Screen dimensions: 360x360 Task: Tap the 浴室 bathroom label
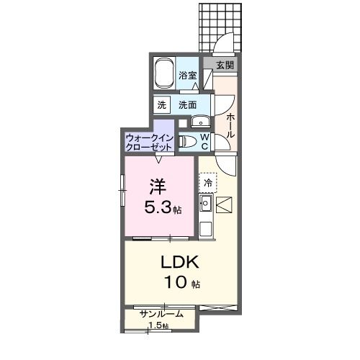pyautogui.click(x=188, y=75)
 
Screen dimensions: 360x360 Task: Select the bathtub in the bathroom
pyautogui.click(x=165, y=74)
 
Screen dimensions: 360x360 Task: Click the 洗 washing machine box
pyautogui.click(x=161, y=104)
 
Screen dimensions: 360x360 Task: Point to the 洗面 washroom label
pyautogui.click(x=188, y=104)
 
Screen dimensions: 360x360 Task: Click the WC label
pyautogui.click(x=204, y=141)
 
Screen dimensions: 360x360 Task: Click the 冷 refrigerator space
pyautogui.click(x=208, y=183)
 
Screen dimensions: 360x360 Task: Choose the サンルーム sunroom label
pyautogui.click(x=161, y=314)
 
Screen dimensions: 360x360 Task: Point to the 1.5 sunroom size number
pyautogui.click(x=156, y=326)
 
